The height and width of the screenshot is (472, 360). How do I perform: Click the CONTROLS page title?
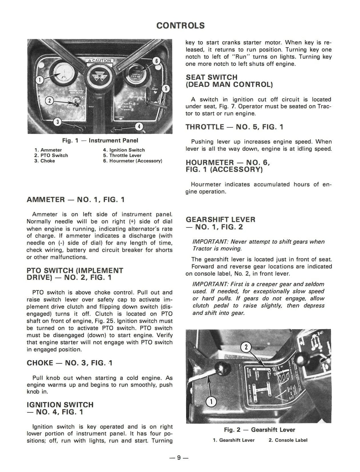(x=181, y=25)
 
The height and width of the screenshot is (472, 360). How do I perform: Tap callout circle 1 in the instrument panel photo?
(x=39, y=80)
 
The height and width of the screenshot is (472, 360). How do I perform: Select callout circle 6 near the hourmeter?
(x=156, y=61)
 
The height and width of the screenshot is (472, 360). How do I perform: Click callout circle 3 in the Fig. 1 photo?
(x=58, y=122)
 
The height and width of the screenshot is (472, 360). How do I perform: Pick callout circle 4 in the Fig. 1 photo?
(x=139, y=126)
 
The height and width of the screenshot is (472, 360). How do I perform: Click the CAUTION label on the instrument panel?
(x=100, y=61)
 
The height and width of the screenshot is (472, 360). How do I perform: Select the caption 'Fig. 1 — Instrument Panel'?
(x=100, y=140)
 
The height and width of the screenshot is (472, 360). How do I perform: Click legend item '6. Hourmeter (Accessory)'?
(x=132, y=161)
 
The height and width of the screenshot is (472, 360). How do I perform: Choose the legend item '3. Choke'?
(x=45, y=161)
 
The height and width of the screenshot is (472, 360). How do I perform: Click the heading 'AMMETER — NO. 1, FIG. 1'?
(x=76, y=200)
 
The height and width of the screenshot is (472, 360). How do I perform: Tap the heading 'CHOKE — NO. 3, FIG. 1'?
(x=70, y=363)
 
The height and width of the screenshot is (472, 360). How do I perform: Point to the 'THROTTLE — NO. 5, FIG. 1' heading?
(x=234, y=127)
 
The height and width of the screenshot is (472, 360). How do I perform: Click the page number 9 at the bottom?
(x=178, y=458)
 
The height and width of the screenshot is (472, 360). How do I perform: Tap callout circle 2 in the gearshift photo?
(x=246, y=347)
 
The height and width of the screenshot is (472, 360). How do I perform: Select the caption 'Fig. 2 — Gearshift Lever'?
(x=259, y=430)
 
